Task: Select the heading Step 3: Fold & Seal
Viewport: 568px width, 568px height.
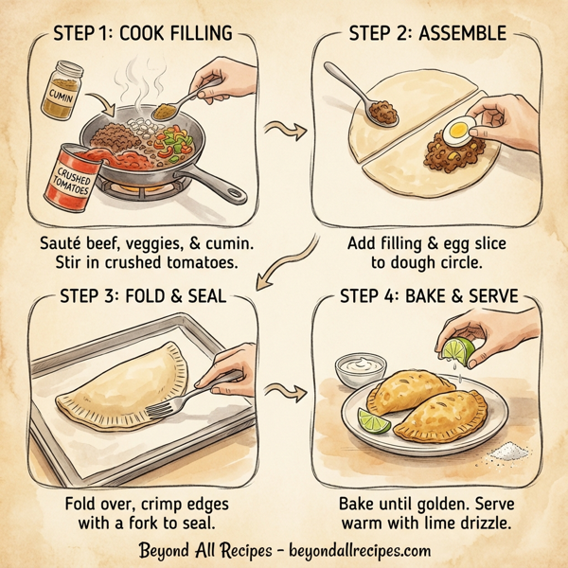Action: tap(142, 296)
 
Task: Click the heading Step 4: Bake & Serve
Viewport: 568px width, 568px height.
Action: tap(428, 296)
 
